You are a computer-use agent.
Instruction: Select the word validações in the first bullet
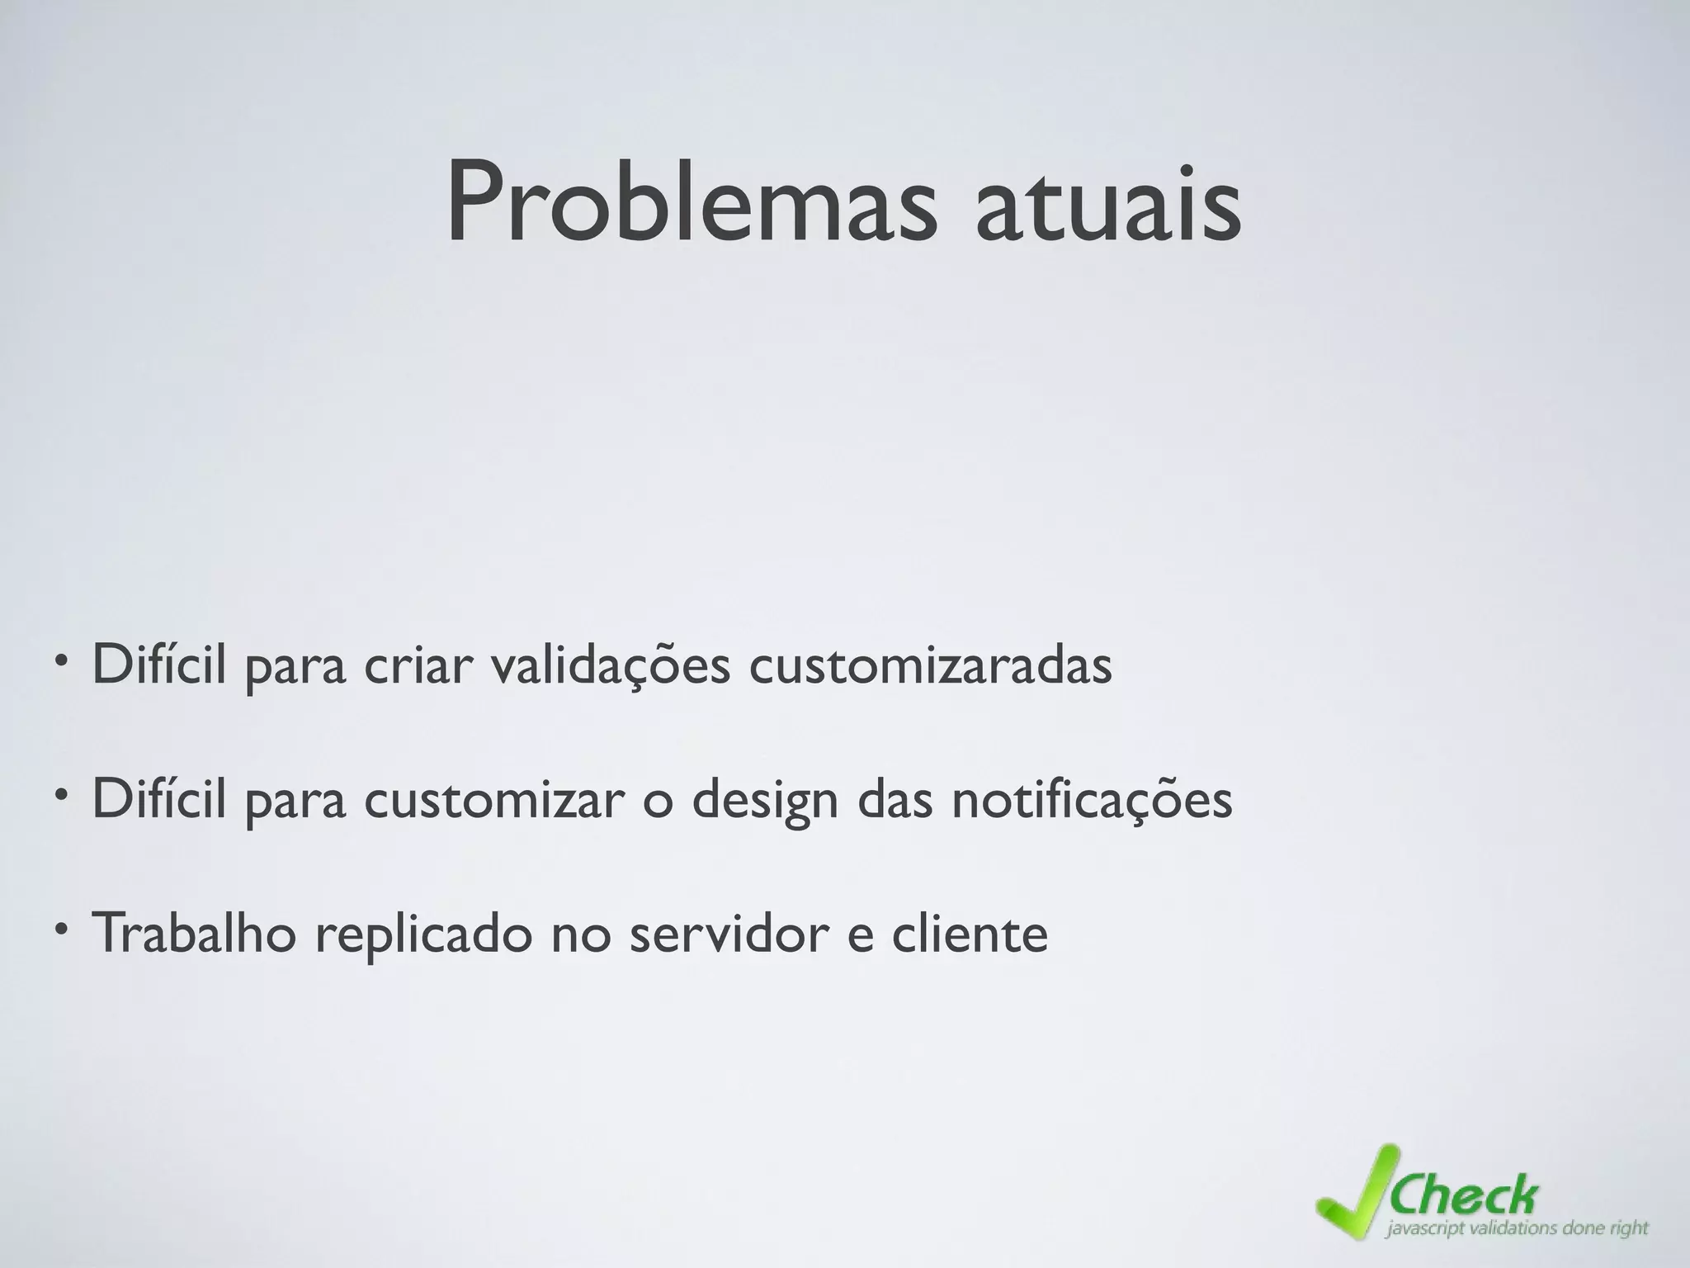coord(610,665)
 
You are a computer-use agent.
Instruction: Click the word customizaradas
coord(930,665)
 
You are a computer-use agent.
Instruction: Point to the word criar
coord(417,665)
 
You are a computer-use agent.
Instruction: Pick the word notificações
coord(1092,799)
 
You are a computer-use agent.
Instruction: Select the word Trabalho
coord(194,933)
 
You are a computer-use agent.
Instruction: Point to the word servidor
coord(727,933)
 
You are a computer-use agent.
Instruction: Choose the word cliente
coord(958,933)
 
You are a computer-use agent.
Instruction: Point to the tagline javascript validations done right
coord(1517,1228)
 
